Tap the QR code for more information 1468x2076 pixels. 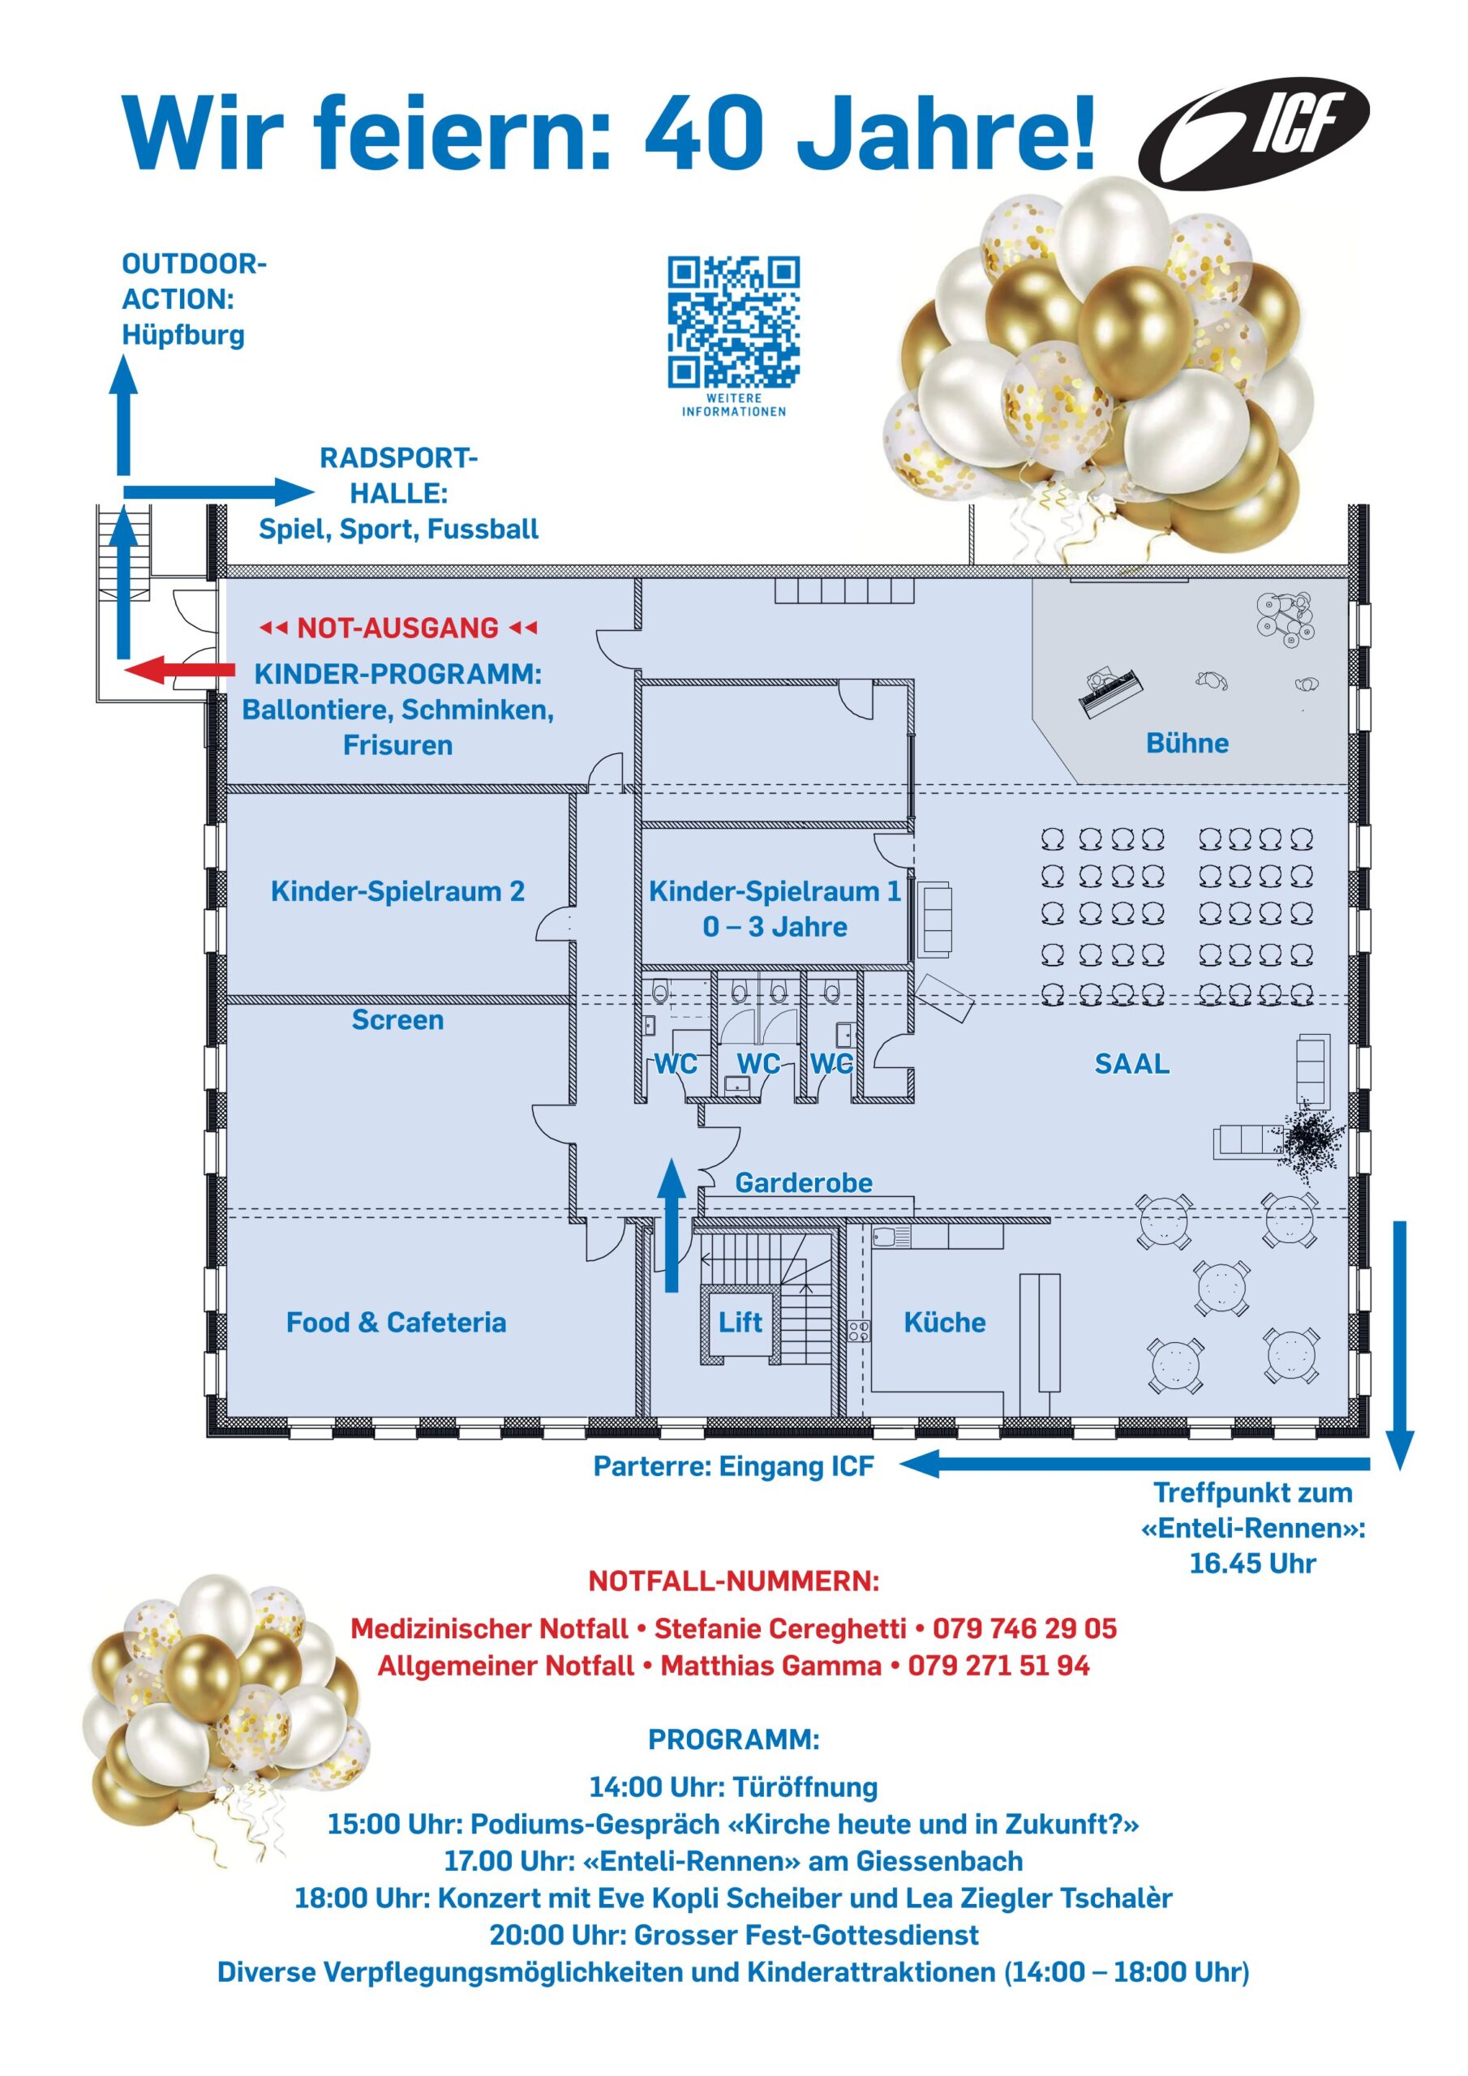[733, 322]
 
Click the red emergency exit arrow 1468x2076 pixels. [179, 670]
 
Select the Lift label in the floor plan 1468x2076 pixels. [740, 1322]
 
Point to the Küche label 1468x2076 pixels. [944, 1322]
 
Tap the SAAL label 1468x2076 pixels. [1131, 1063]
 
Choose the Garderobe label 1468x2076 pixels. [803, 1182]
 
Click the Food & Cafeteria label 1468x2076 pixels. [396, 1322]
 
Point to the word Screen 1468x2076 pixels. [397, 1019]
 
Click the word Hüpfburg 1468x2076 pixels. [183, 335]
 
